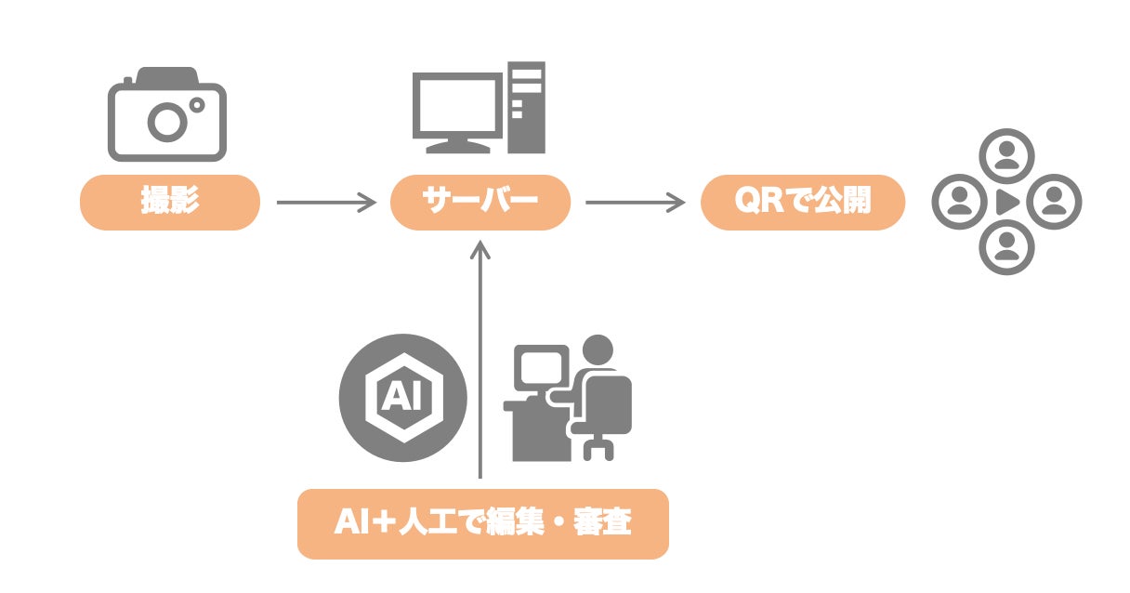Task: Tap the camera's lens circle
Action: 168,121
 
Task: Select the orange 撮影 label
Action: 169,202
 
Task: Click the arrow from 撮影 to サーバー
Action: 325,202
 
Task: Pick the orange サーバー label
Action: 480,202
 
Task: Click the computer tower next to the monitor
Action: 527,107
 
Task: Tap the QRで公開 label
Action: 802,202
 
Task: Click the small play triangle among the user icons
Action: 1006,202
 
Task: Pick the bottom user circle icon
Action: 1007,247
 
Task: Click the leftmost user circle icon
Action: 959,202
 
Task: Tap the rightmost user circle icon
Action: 1055,202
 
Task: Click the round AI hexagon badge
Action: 401,398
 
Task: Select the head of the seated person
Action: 598,350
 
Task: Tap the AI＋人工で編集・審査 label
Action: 482,523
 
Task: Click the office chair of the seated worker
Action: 609,418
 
